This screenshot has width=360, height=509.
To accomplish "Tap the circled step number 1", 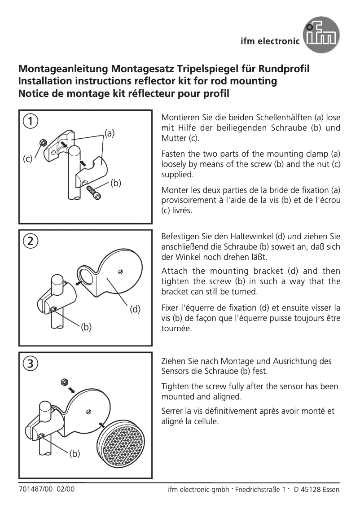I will click(31, 121).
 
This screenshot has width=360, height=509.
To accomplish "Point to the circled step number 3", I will click(31, 363).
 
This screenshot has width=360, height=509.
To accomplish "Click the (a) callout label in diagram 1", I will click(110, 133).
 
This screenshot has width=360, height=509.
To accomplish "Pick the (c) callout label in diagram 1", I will click(28, 158).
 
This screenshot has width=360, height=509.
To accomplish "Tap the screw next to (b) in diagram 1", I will click(95, 193).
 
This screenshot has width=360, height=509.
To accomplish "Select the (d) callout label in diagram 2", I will click(135, 309).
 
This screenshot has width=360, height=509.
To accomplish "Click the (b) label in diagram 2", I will click(87, 327).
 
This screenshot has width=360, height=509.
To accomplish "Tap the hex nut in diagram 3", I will click(64, 382).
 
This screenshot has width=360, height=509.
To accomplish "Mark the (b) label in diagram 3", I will click(75, 454).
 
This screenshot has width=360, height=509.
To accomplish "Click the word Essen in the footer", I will click(331, 489).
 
